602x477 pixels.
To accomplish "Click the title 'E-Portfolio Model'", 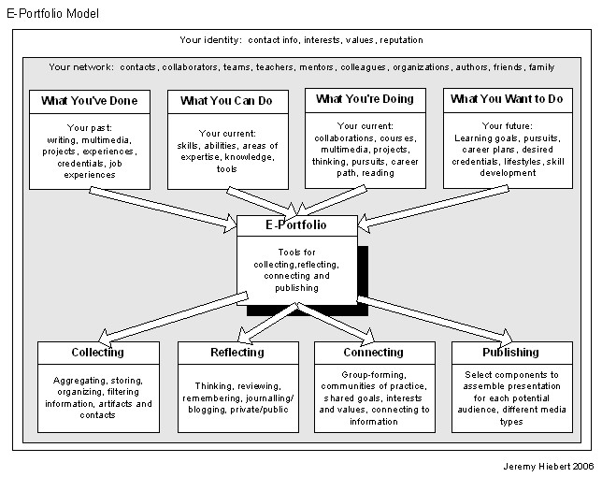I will (51, 14).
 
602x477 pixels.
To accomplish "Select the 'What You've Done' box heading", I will (82, 100).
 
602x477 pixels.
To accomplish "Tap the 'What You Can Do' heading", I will (220, 100).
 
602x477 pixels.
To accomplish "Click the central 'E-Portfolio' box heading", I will (296, 225).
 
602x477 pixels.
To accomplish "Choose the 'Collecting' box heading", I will (97, 353).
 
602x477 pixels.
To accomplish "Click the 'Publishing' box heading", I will (510, 353).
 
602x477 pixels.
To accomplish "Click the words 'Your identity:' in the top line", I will (210, 40).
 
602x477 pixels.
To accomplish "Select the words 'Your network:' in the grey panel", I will (79, 67).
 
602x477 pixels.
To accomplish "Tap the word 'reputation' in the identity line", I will (398, 40).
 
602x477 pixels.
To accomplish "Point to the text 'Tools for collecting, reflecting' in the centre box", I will (296, 259).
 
